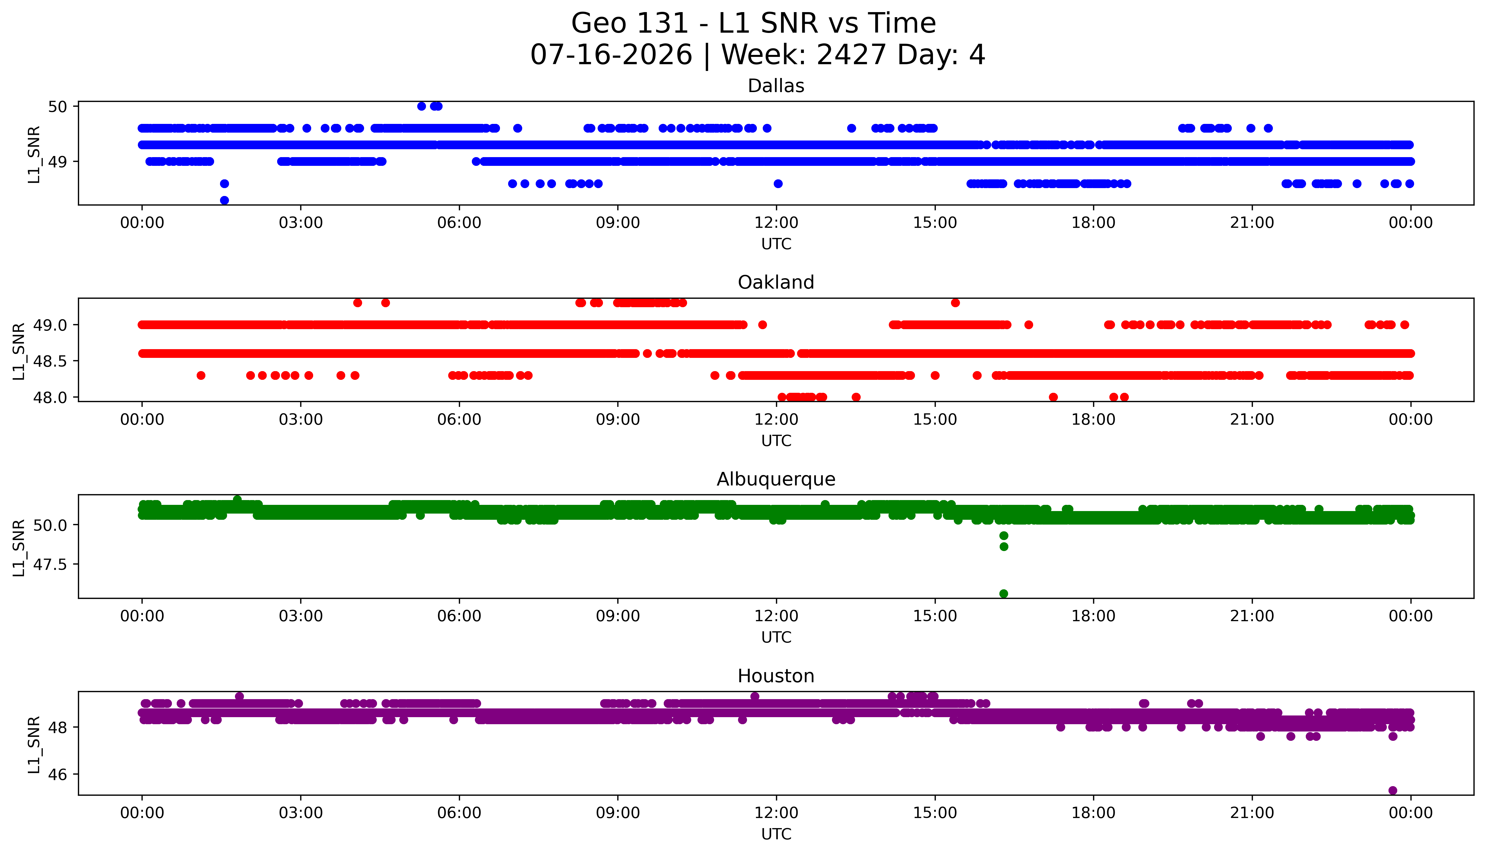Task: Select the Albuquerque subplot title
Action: tap(776, 479)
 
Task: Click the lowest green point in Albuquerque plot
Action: tap(1003, 594)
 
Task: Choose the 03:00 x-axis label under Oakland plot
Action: tap(301, 419)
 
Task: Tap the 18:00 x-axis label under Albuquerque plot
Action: tap(1094, 616)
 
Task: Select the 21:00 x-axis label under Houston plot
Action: tap(1252, 813)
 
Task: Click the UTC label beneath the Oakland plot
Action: tap(776, 440)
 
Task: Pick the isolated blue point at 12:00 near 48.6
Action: tap(778, 184)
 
